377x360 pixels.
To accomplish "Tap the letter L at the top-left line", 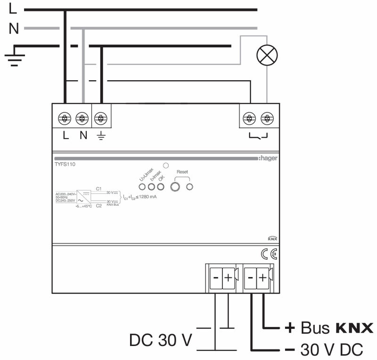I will click(x=13, y=9).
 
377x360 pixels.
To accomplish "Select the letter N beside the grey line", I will click(x=14, y=29).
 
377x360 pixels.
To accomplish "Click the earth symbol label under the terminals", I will click(x=100, y=136).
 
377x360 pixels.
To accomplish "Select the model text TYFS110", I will click(x=65, y=165).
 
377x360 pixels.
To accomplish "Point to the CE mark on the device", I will click(x=269, y=255).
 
